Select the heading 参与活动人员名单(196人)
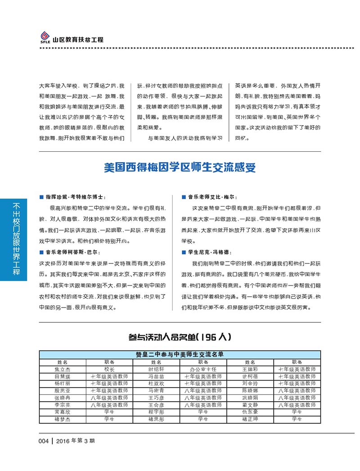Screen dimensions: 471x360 click(x=180, y=337)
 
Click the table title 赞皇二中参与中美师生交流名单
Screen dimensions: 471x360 click(x=180, y=354)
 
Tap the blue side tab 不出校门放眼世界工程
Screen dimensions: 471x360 click(x=17, y=239)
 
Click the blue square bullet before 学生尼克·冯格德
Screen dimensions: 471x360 click(x=183, y=252)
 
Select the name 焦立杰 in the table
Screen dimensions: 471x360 click(x=63, y=369)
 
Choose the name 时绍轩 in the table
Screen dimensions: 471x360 click(x=156, y=369)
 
